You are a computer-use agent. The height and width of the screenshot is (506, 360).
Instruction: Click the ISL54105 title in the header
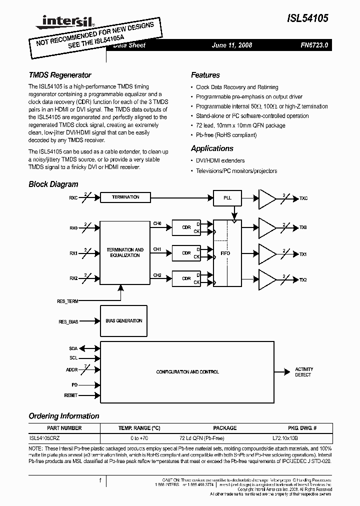point(308,18)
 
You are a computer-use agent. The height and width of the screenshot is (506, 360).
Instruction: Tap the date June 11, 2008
point(232,45)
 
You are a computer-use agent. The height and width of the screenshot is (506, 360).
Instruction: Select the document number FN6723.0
point(314,45)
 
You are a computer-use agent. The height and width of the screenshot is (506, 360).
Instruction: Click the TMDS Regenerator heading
point(60,75)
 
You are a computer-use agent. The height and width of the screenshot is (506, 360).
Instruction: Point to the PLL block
point(227,198)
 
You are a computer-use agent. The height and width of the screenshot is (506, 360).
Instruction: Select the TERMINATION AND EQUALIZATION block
point(125,252)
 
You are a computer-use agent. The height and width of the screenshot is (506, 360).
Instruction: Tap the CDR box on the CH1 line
point(186,253)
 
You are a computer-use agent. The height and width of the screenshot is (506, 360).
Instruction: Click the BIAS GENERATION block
point(123,321)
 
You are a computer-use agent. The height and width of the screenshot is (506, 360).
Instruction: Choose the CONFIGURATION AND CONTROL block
point(187,372)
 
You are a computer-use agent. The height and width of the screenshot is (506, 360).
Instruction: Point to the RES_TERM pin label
point(67,301)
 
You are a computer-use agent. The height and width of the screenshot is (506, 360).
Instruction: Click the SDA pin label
point(73,348)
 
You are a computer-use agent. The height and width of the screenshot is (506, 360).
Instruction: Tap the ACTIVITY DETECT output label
point(303,372)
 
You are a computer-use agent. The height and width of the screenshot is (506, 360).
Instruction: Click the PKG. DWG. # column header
point(301,428)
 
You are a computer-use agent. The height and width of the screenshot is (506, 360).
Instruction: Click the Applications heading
point(212,148)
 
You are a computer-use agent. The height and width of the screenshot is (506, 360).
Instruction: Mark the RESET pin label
point(71,395)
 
